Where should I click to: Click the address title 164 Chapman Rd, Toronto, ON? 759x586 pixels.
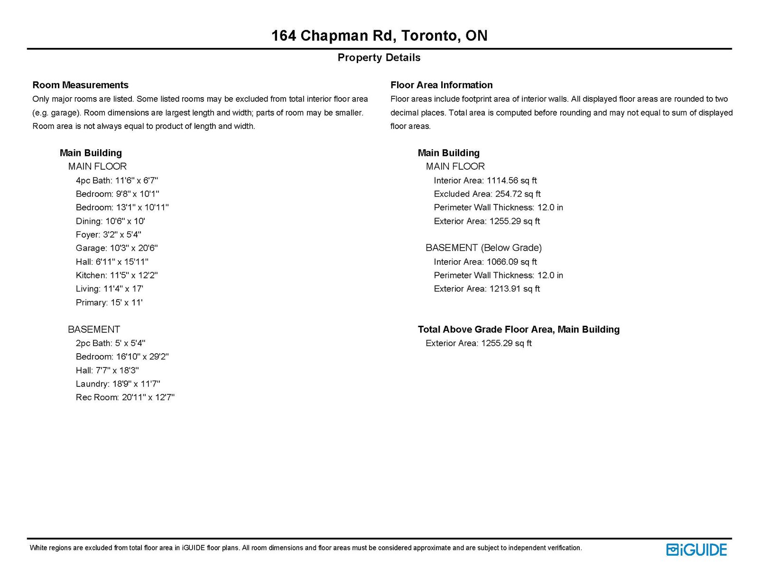tap(379, 36)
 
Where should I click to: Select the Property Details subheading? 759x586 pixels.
tap(379, 57)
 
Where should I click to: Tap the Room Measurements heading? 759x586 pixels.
tap(80, 85)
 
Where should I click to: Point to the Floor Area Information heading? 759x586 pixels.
tap(441, 85)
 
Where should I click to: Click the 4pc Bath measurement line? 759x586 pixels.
tap(117, 180)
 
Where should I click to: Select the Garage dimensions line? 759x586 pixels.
tap(117, 248)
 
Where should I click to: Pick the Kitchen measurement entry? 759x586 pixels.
tap(117, 275)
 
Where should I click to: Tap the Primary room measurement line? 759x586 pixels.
tap(109, 302)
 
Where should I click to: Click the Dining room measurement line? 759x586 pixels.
tap(110, 221)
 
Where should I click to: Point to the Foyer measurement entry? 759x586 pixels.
tap(109, 235)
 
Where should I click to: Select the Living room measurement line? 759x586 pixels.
tap(110, 289)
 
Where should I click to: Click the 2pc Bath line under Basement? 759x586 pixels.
tap(111, 343)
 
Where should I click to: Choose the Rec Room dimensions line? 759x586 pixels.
tap(125, 397)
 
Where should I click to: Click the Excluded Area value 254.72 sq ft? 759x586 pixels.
tap(487, 194)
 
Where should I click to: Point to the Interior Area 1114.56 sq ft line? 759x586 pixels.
tap(485, 180)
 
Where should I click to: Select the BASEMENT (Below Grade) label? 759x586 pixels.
tap(483, 247)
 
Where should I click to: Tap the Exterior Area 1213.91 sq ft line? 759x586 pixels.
tap(487, 289)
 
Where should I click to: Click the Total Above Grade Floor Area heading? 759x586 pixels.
tap(518, 329)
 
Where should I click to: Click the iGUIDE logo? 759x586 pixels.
tap(696, 549)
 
